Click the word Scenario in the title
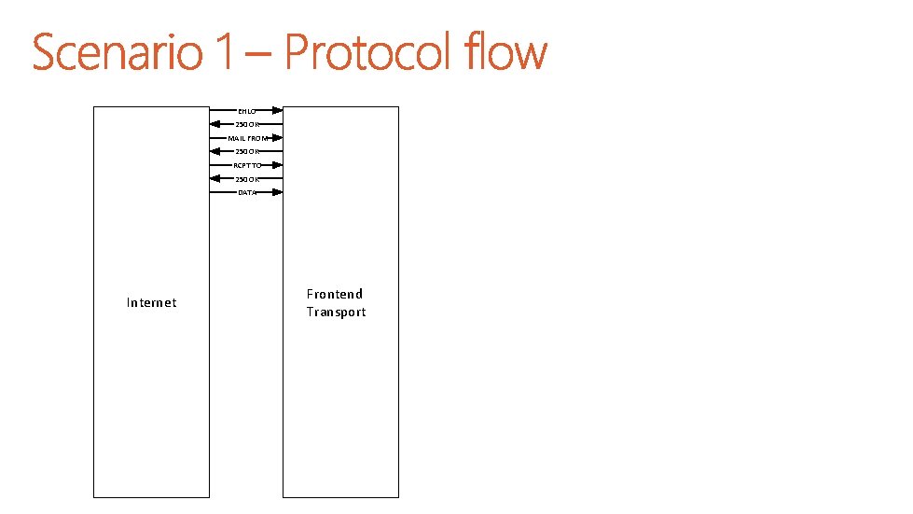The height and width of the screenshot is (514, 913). (118, 53)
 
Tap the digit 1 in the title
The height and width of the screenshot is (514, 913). (223, 53)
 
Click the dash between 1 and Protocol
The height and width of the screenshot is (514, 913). (257, 56)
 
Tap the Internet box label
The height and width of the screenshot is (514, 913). (151, 302)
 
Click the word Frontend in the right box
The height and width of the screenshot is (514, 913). (335, 294)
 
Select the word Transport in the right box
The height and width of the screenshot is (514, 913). (336, 313)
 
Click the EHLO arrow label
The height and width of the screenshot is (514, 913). (246, 110)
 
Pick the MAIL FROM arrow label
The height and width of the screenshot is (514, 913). (247, 138)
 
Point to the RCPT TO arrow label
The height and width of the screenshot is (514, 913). (247, 165)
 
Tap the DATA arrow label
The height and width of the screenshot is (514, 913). (247, 192)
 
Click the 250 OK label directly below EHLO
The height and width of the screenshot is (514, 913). (247, 124)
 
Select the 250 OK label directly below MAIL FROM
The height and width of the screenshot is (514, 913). (247, 151)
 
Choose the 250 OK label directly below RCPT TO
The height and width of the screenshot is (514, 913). (247, 179)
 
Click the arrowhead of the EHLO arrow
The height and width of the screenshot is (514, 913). (277, 110)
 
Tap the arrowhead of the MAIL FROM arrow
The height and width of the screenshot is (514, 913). (277, 138)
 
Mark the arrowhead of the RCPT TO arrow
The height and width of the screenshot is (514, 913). (277, 165)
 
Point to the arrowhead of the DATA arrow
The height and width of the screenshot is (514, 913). (277, 192)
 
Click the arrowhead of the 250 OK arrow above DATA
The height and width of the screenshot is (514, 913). (216, 179)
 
